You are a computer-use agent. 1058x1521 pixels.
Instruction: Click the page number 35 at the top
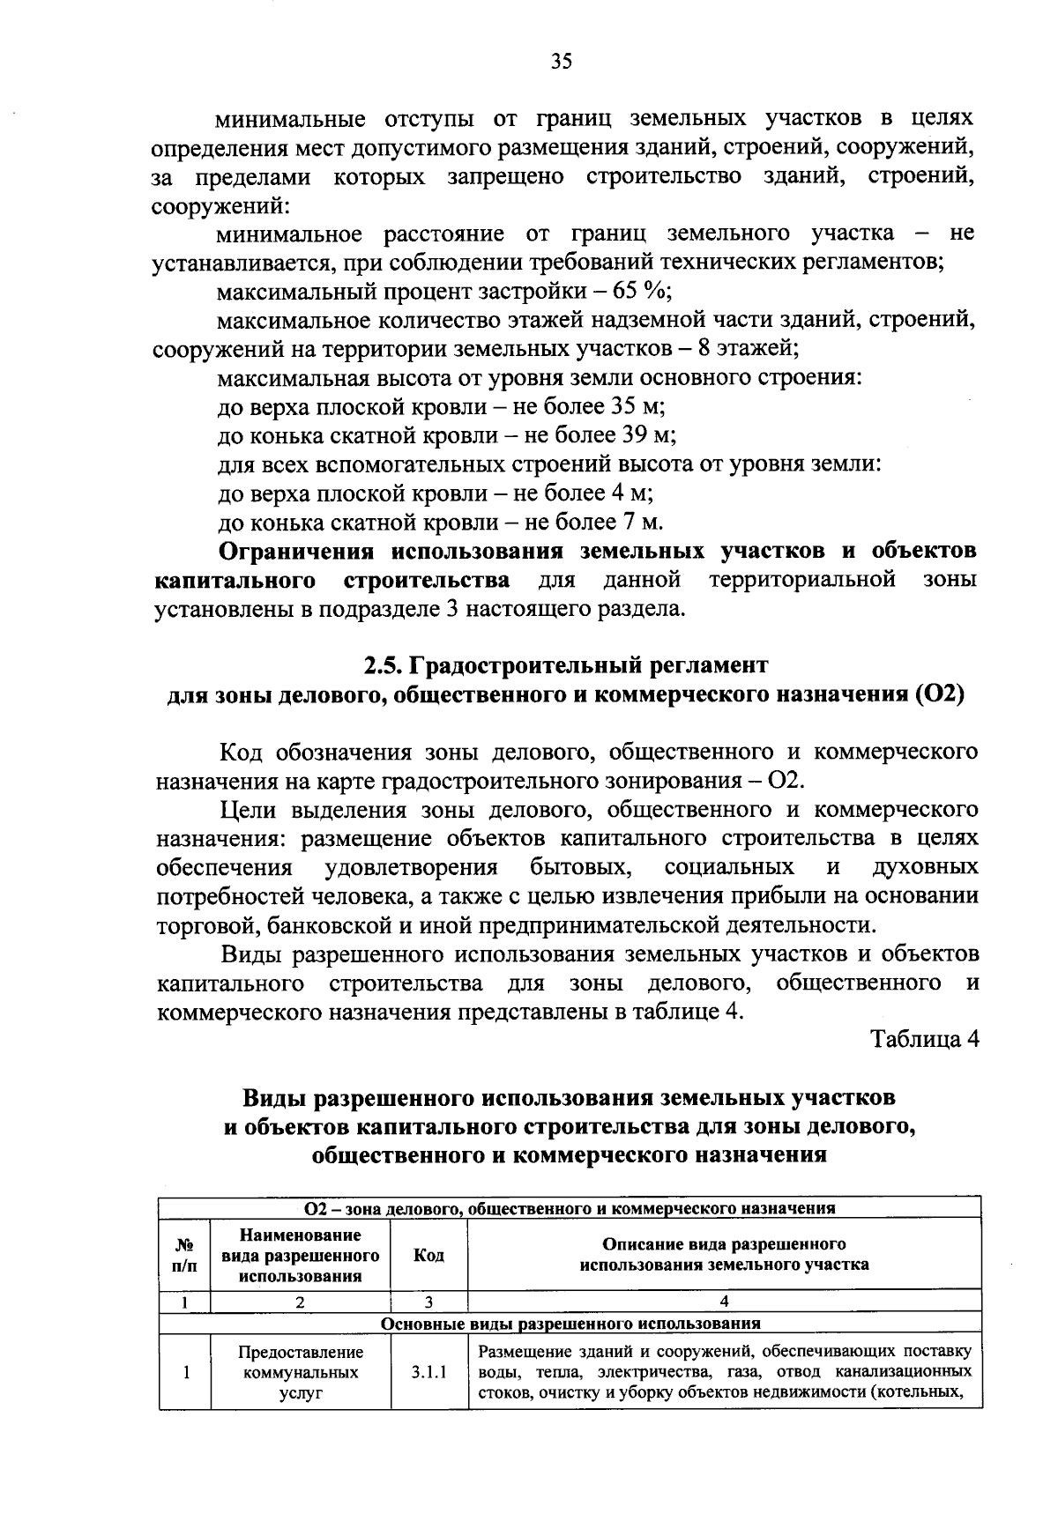click(562, 61)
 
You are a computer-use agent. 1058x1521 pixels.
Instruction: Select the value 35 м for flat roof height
click(636, 407)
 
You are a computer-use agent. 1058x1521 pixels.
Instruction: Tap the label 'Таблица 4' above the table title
click(925, 1039)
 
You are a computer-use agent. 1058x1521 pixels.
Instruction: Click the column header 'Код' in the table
click(428, 1255)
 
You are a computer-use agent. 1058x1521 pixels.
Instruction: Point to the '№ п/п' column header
click(184, 1255)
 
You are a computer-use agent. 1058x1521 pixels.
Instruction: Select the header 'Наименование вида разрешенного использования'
click(300, 1255)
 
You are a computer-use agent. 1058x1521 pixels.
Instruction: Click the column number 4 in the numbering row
click(724, 1301)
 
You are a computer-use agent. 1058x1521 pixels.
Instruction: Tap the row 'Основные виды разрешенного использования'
click(570, 1324)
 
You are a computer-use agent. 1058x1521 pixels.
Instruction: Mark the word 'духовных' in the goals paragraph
click(924, 868)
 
